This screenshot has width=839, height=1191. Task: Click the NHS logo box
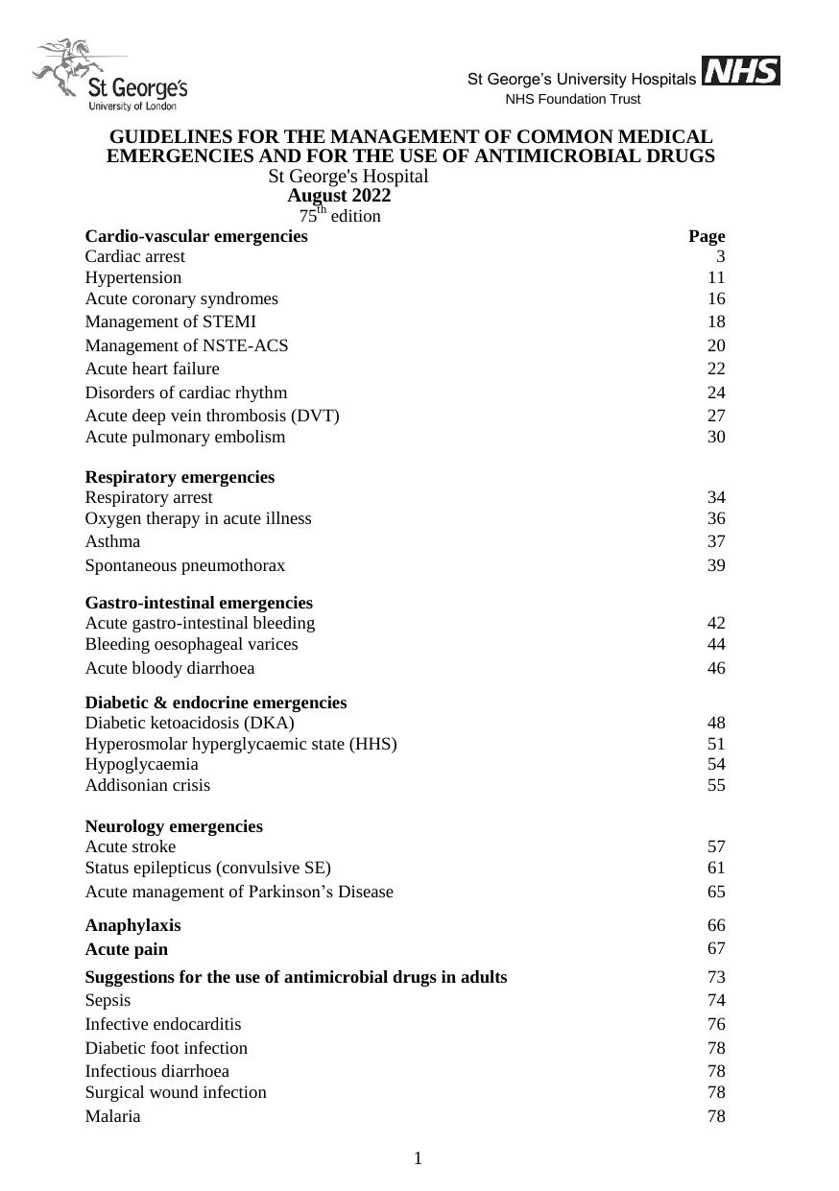[x=740, y=71]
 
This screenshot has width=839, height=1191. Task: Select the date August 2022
[x=339, y=196]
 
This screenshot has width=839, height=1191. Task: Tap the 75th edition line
[x=339, y=216]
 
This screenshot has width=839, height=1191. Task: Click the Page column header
[x=707, y=236]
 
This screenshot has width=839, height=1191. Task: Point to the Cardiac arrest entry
[x=135, y=256]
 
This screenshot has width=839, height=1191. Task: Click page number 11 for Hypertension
[x=716, y=277]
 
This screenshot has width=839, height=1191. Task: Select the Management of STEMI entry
[x=171, y=322]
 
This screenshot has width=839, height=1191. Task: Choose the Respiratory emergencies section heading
[x=180, y=477]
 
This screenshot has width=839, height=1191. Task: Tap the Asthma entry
[x=112, y=541]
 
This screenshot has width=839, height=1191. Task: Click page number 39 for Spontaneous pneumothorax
[x=716, y=565]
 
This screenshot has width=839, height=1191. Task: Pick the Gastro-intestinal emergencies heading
[x=199, y=603]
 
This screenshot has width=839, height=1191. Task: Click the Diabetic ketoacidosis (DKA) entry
[x=190, y=723]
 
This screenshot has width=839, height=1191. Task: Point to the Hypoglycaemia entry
[x=142, y=764]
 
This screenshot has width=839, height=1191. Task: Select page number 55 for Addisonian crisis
[x=716, y=785]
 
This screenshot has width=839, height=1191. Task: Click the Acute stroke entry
[x=131, y=846]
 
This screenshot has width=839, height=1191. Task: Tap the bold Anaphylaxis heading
[x=132, y=925]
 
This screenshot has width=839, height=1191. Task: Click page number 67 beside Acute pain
[x=716, y=948]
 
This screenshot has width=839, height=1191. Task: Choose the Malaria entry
[x=112, y=1116]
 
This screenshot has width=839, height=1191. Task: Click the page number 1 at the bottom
[x=419, y=1158]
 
